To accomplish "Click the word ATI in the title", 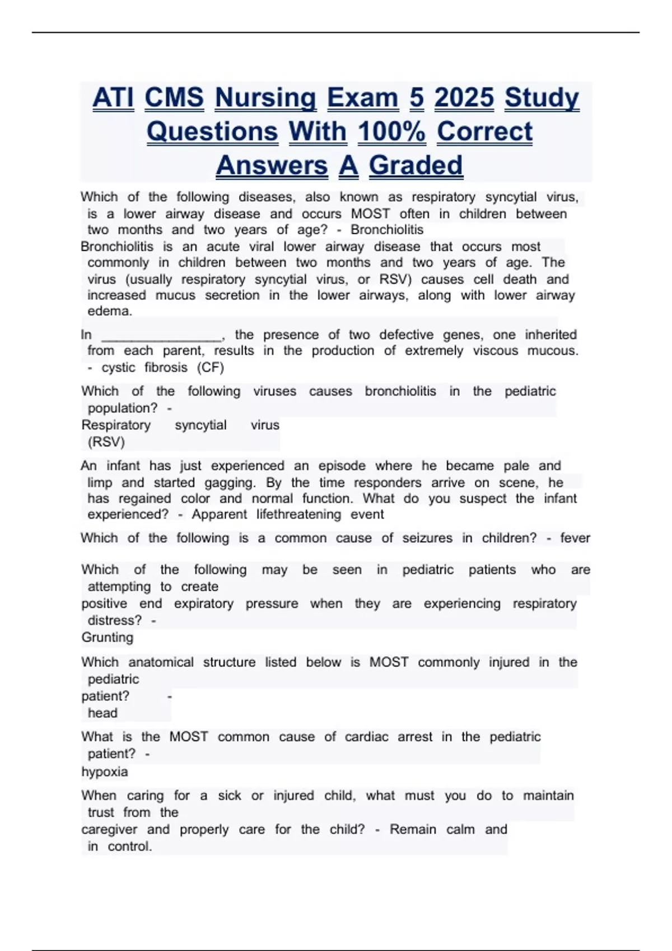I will (113, 98).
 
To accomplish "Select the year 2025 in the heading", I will (464, 98).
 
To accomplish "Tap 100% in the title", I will (391, 132).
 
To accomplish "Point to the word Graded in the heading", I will (416, 166).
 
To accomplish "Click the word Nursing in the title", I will (265, 98).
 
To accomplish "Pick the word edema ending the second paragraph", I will (109, 311).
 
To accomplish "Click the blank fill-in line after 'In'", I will (162, 336).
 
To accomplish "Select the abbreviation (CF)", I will (211, 368).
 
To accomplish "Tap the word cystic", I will (118, 368).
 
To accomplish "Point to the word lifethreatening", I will (298, 515).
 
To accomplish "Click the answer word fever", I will (575, 538).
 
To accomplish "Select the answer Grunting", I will (108, 638).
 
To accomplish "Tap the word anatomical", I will (161, 662).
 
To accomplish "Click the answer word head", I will (102, 713).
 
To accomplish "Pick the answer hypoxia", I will (105, 772).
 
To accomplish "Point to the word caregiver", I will (109, 830).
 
